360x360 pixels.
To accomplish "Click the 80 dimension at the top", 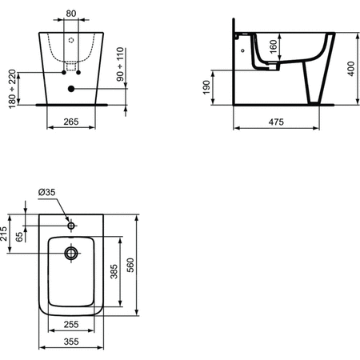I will point(71,13).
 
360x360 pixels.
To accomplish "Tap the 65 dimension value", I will point(22,238).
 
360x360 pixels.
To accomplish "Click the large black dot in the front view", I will point(71,89).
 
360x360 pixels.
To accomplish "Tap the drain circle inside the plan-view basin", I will point(71,254).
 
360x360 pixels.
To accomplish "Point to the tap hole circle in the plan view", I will point(71,226).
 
